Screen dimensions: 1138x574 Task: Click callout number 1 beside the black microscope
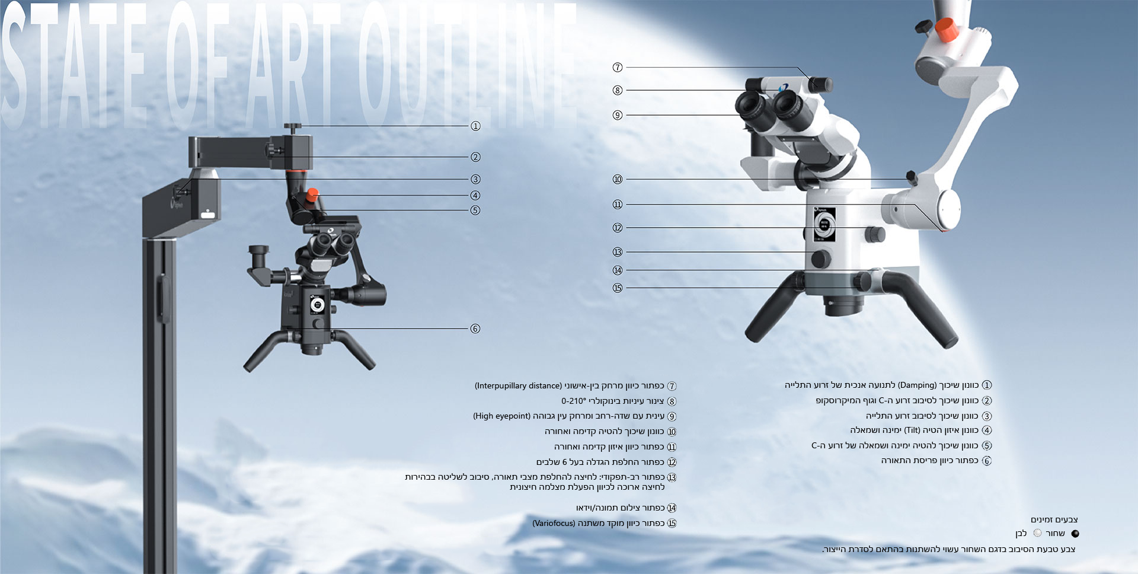coord(475,126)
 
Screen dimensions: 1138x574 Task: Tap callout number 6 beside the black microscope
coord(475,329)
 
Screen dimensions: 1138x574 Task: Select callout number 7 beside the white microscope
coord(618,68)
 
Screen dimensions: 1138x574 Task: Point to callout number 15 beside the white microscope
coord(618,288)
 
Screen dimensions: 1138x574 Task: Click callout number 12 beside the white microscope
coord(618,228)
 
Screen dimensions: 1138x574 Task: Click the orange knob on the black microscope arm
coord(312,194)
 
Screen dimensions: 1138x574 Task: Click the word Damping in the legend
coord(917,385)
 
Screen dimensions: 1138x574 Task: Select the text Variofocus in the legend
coord(554,524)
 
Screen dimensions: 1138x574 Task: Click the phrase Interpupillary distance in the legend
coord(518,386)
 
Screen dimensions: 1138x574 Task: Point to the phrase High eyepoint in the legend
coord(501,416)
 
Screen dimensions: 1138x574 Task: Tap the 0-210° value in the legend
coord(573,401)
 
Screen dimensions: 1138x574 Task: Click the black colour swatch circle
coord(1075,534)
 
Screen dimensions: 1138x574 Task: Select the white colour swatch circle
coord(1037,533)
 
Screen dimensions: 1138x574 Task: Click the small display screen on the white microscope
coord(824,224)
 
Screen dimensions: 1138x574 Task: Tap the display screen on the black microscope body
coord(317,305)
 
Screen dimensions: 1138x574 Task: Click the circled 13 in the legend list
coord(672,477)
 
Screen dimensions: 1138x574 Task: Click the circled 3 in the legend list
coord(987,416)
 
